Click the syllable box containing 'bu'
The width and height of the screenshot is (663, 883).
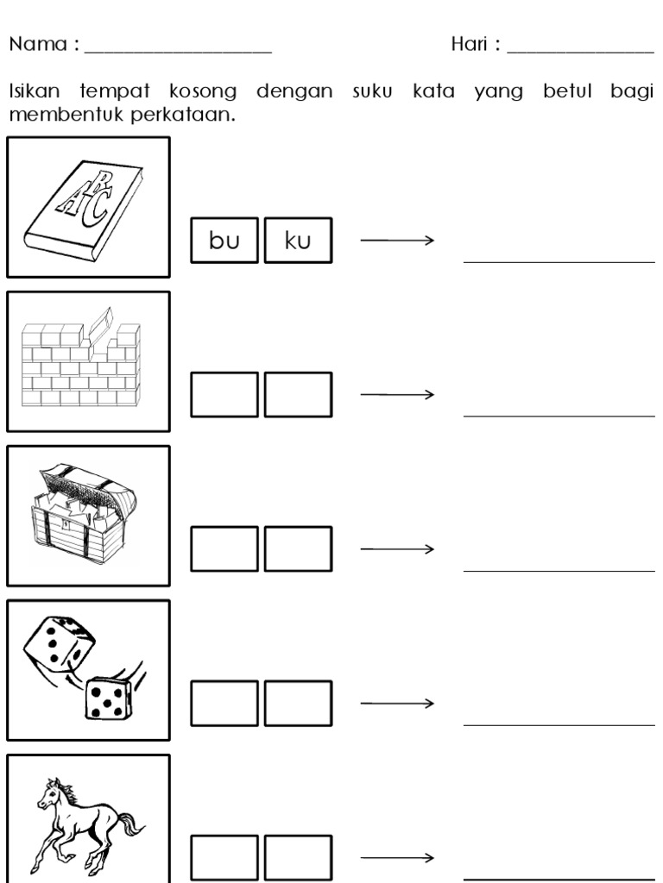point(224,241)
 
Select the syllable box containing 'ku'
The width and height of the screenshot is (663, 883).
point(298,241)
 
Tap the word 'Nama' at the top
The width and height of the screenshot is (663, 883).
point(37,44)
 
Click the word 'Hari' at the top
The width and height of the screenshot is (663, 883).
point(470,44)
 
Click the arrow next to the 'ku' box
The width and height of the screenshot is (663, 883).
point(395,241)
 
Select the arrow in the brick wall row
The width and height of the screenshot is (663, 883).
point(395,395)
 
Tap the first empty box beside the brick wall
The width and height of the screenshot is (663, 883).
point(224,395)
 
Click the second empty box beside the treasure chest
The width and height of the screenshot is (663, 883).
point(298,549)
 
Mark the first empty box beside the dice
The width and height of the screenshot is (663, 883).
point(224,704)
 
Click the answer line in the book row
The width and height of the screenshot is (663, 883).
point(559,260)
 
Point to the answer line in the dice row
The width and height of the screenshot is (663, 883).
point(559,724)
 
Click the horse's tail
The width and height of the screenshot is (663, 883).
point(132,824)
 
